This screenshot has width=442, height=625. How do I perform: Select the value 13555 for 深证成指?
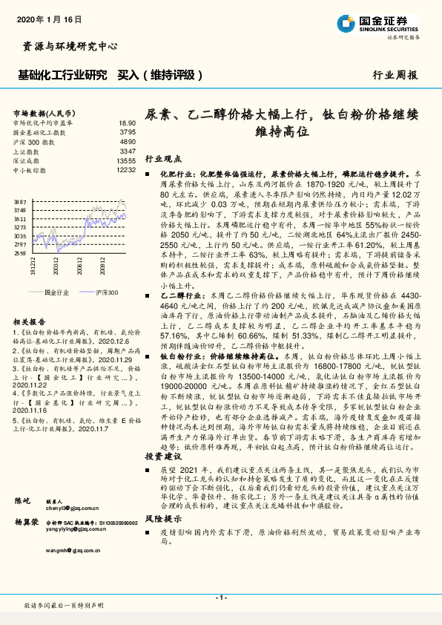pos(126,160)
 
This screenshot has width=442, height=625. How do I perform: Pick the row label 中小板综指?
pos(30,170)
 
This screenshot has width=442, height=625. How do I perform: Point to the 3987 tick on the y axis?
pos(20,202)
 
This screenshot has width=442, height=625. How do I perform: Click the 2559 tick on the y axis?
pos(20,253)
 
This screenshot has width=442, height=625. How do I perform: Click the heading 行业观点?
pos(162,159)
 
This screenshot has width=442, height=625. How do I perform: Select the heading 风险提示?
pos(162,518)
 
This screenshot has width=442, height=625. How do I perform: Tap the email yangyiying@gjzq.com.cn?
pos(75,510)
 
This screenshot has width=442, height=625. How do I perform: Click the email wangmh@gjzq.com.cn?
pos(71,531)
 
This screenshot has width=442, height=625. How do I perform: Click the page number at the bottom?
pos(221,598)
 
